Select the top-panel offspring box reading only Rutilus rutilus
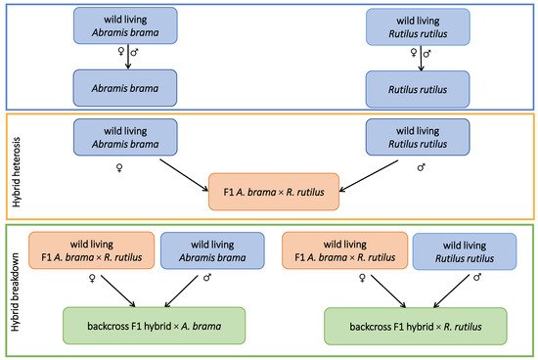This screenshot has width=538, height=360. [x=420, y=88]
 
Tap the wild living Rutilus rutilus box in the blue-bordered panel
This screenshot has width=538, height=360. [x=420, y=24]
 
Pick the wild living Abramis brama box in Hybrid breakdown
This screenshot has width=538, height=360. [x=204, y=250]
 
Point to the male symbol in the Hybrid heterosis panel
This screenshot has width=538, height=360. [x=420, y=166]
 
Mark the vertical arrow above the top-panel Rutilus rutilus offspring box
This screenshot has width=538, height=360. [x=421, y=58]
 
